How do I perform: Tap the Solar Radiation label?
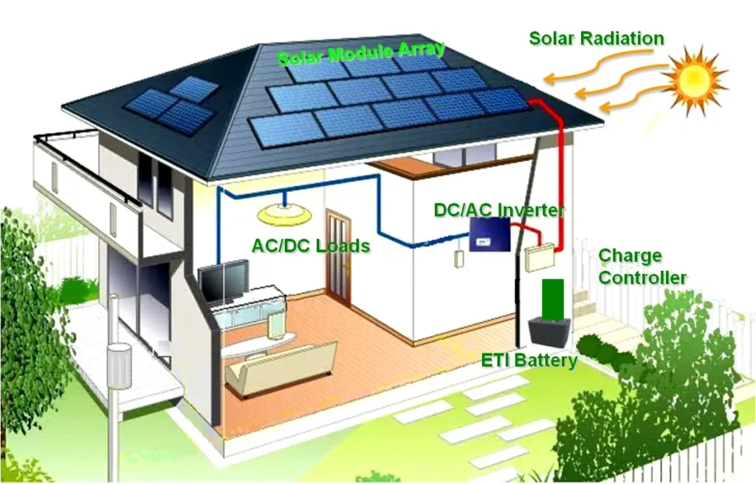pyautogui.click(x=597, y=38)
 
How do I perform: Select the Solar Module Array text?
pyautogui.click(x=360, y=53)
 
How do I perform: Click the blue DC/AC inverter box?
pyautogui.click(x=490, y=234)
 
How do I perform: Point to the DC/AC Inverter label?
pyautogui.click(x=499, y=210)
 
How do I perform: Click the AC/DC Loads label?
pyautogui.click(x=311, y=246)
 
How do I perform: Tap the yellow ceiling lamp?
pyautogui.click(x=284, y=214)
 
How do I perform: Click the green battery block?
pyautogui.click(x=552, y=300)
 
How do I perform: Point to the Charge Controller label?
pyautogui.click(x=642, y=266)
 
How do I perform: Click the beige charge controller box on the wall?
pyautogui.click(x=539, y=259)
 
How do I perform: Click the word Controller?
pyautogui.click(x=642, y=278)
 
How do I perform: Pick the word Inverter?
pyautogui.click(x=531, y=210)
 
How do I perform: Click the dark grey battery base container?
pyautogui.click(x=549, y=332)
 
